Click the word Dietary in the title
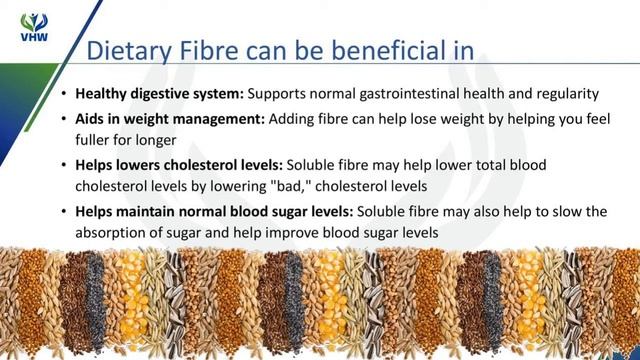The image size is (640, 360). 127,50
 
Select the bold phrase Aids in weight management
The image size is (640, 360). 169,118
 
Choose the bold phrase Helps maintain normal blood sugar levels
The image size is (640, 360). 214,211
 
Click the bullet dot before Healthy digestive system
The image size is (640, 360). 64,95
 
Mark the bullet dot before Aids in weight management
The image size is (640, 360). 64,119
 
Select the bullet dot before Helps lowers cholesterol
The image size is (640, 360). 64,164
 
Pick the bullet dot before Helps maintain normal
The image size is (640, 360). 64,212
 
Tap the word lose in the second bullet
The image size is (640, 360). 425,118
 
